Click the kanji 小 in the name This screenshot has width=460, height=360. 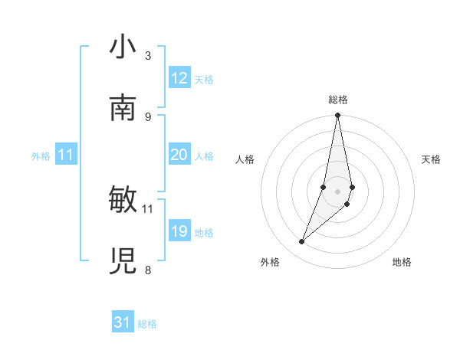click(x=123, y=48)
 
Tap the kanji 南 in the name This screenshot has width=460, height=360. click(x=123, y=109)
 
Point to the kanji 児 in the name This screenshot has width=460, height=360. click(x=123, y=261)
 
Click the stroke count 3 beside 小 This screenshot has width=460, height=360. click(x=148, y=56)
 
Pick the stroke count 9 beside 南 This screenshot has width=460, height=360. click(x=148, y=116)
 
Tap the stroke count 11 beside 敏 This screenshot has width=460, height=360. click(x=148, y=208)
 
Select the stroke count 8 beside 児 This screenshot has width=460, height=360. click(x=148, y=270)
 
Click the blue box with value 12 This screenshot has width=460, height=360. click(x=179, y=78)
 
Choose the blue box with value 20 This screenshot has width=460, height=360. click(x=179, y=155)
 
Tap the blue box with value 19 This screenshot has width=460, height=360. click(x=179, y=231)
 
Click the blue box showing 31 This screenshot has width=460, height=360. click(x=123, y=322)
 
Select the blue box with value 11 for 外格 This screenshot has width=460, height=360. click(x=66, y=155)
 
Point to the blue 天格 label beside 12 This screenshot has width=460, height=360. click(x=204, y=79)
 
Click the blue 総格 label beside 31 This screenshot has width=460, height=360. click(x=147, y=324)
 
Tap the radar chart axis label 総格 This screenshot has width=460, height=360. click(x=338, y=100)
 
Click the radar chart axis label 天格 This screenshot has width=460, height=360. click(x=431, y=159)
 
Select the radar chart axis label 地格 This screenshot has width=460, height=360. click(x=402, y=262)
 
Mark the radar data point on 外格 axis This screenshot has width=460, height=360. click(x=302, y=242)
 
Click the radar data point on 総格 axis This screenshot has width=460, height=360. click(x=338, y=116)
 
